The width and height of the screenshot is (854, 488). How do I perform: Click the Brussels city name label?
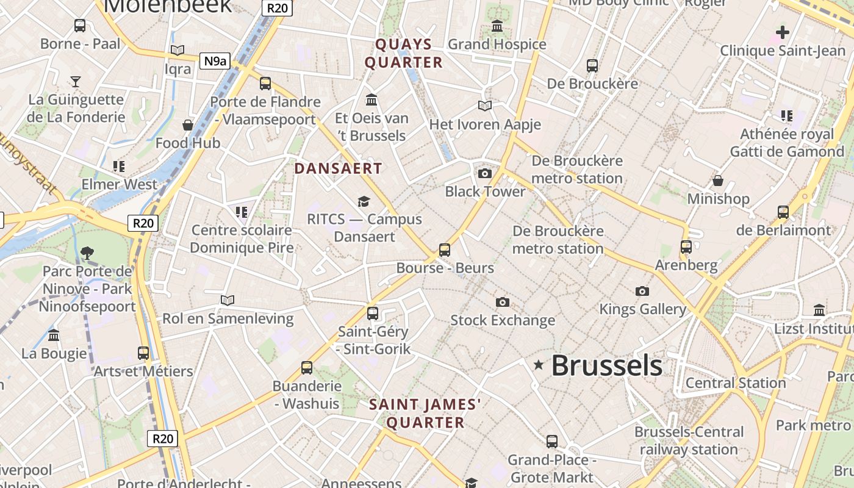(x=606, y=366)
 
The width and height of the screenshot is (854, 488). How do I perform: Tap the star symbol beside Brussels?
(x=538, y=365)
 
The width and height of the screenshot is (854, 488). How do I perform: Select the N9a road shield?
(x=215, y=60)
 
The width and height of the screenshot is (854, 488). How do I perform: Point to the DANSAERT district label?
(x=338, y=168)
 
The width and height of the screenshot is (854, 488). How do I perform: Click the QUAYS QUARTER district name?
(x=403, y=53)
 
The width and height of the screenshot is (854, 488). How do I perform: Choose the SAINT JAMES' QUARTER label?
(x=425, y=413)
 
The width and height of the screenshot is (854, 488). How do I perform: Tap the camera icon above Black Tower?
(x=485, y=174)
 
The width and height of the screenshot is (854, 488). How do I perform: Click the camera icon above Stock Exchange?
(x=503, y=302)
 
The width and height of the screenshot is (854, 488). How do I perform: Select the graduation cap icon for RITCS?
(x=364, y=201)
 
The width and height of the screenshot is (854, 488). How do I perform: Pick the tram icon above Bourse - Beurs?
(x=445, y=249)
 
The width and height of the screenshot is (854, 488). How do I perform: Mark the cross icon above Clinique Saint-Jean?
(x=782, y=32)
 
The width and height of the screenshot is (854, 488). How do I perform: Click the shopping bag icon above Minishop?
(x=718, y=181)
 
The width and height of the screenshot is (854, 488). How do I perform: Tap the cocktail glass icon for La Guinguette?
(x=75, y=81)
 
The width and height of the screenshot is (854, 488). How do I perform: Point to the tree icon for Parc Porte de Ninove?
(x=87, y=253)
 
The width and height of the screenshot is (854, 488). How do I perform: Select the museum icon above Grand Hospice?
(x=497, y=26)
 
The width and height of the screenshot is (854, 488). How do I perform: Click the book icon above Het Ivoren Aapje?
(x=485, y=106)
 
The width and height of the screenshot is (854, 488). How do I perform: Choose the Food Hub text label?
(x=188, y=143)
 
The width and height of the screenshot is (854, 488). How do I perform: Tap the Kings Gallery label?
(x=642, y=309)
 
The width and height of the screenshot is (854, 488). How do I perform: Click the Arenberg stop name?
(x=686, y=265)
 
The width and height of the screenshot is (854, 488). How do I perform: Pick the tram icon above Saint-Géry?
(x=373, y=314)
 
